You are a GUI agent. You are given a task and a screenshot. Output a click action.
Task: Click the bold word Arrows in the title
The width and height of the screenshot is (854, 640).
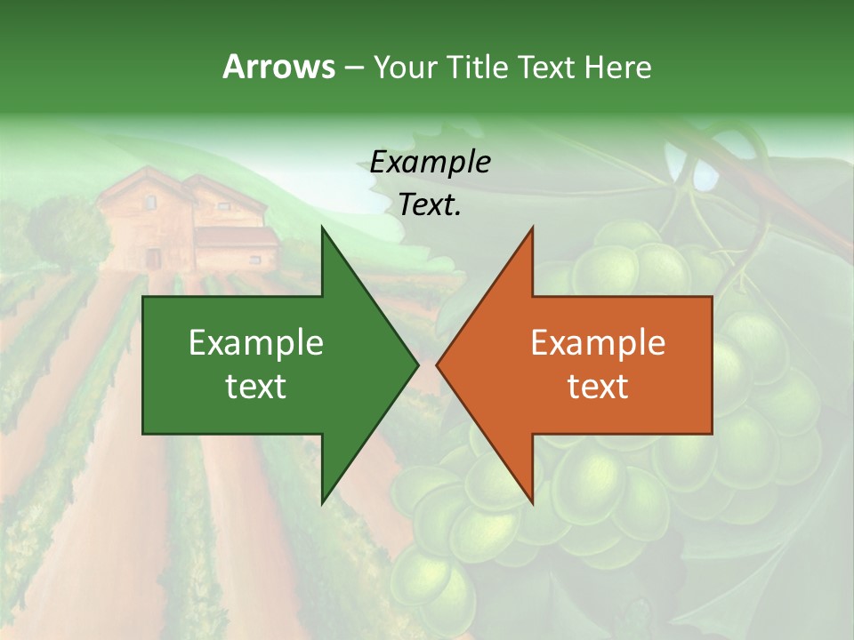278,67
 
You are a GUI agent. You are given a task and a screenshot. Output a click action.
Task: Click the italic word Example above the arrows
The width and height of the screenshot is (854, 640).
431,163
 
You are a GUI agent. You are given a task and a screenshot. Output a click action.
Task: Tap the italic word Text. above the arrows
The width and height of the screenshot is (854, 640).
431,205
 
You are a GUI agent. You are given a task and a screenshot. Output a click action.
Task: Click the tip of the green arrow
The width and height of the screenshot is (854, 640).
415,364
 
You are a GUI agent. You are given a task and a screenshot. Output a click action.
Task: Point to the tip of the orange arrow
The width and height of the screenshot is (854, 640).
439,364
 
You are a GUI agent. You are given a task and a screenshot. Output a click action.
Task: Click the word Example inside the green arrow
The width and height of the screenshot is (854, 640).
256,342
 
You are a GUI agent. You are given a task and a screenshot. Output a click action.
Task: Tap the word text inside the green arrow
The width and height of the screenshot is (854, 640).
256,386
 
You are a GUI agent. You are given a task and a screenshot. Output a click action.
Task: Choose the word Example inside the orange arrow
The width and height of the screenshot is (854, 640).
598,342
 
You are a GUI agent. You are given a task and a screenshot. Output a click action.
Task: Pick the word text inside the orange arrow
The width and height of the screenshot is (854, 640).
598,386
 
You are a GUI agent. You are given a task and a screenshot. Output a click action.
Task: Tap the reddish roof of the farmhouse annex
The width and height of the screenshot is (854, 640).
236,236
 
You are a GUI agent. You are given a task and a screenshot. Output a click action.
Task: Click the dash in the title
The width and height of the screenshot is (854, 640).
354,68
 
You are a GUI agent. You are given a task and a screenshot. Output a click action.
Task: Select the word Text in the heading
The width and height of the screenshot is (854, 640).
548,67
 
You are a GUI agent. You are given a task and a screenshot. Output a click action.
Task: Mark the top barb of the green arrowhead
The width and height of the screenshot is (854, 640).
324,233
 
